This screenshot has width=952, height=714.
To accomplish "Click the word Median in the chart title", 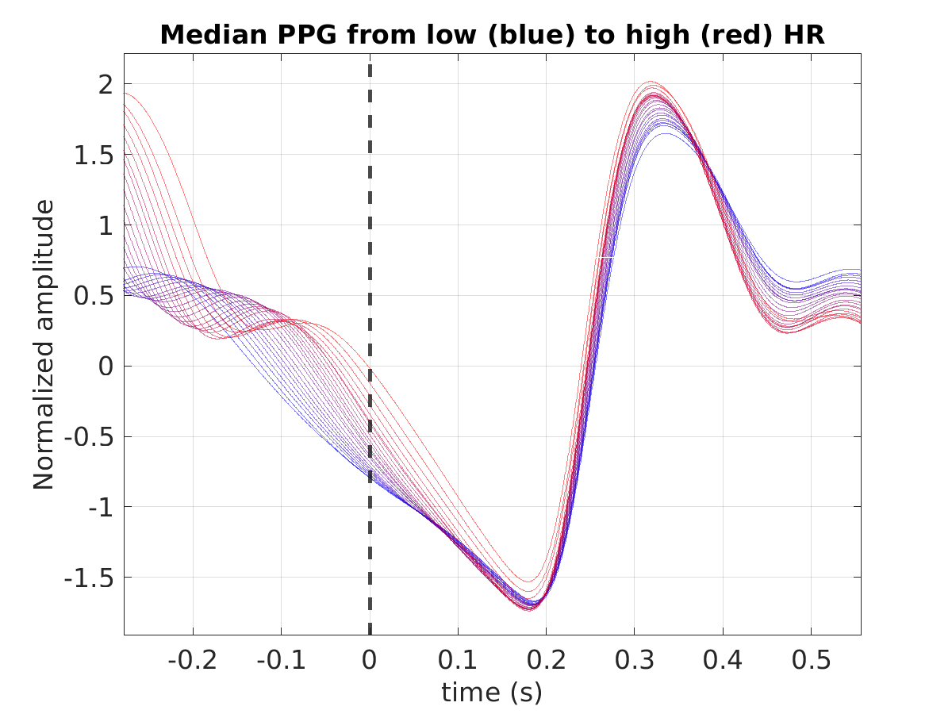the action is pos(213,35).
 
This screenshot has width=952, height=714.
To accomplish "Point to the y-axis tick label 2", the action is pos(106,85).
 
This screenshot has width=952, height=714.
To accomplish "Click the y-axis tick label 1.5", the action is pos(94,155).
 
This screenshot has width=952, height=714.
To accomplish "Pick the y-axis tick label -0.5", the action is pos(89,438).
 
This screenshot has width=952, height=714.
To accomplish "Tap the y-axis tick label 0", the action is pos(106,367).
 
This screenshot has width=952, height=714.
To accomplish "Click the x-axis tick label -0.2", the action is pos(192,661).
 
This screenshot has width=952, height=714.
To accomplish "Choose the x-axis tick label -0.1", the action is pos(281,661).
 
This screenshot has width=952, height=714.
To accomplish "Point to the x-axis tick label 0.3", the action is pos(634,661).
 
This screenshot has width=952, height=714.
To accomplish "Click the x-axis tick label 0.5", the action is pos(811,661).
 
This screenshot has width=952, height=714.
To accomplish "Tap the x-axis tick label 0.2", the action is pos(546,661).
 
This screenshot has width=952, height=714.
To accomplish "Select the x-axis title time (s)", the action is pos(492,693).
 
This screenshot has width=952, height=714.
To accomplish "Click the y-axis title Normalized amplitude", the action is pos(44,344).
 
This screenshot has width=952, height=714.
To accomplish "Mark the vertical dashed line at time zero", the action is pos(370,349).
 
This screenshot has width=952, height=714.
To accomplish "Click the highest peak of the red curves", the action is pos(651,82).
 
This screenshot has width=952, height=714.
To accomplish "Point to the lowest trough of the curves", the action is pos(529,611).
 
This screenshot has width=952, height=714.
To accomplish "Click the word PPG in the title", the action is pos(307,35).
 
